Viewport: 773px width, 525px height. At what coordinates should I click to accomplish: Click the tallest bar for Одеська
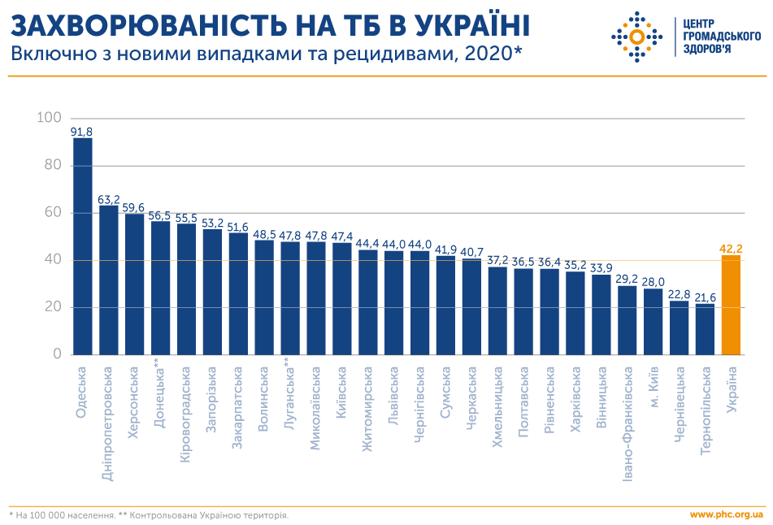click(83, 246)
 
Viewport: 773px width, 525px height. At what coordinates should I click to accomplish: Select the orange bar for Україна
click(732, 306)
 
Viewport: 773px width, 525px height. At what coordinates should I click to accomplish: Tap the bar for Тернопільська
click(706, 329)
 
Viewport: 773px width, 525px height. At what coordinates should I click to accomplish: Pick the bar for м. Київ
click(654, 322)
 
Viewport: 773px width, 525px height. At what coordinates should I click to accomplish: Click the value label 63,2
click(109, 199)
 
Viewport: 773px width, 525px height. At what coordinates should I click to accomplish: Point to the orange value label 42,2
click(732, 249)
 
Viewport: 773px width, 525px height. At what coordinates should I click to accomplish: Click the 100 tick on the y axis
click(49, 119)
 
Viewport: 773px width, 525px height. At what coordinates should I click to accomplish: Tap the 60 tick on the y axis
click(52, 213)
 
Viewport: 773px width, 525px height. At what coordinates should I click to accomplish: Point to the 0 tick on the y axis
click(57, 354)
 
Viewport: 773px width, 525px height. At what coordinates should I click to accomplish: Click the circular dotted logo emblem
click(637, 37)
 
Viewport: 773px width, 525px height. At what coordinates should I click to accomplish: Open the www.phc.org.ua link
click(726, 514)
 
